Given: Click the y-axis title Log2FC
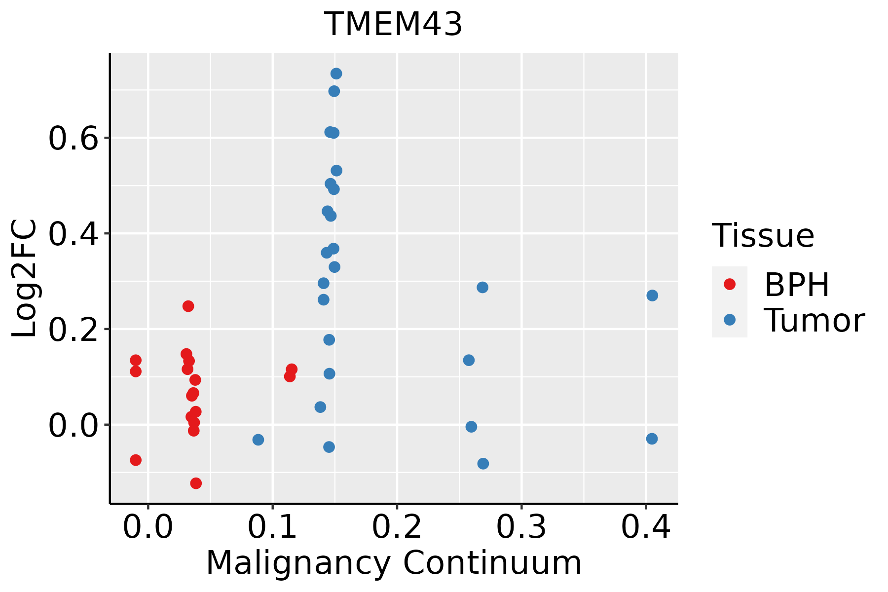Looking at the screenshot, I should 25,279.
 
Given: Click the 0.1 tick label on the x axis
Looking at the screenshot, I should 272,527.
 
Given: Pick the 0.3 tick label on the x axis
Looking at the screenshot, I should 521,527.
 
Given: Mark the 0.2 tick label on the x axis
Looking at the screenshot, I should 397,527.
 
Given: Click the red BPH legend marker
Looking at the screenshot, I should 729,284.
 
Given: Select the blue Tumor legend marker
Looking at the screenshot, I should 729,320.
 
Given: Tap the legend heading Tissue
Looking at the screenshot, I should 763,236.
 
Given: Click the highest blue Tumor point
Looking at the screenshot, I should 336,74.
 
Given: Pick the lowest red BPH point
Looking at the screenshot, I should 196,483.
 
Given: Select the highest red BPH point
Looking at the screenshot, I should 188,306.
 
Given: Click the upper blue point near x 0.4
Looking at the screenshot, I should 652,296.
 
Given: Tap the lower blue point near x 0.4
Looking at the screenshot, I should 652,439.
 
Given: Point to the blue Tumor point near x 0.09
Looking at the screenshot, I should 258,440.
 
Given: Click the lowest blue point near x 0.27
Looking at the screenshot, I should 483,464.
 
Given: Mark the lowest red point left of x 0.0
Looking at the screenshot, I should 136,460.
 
